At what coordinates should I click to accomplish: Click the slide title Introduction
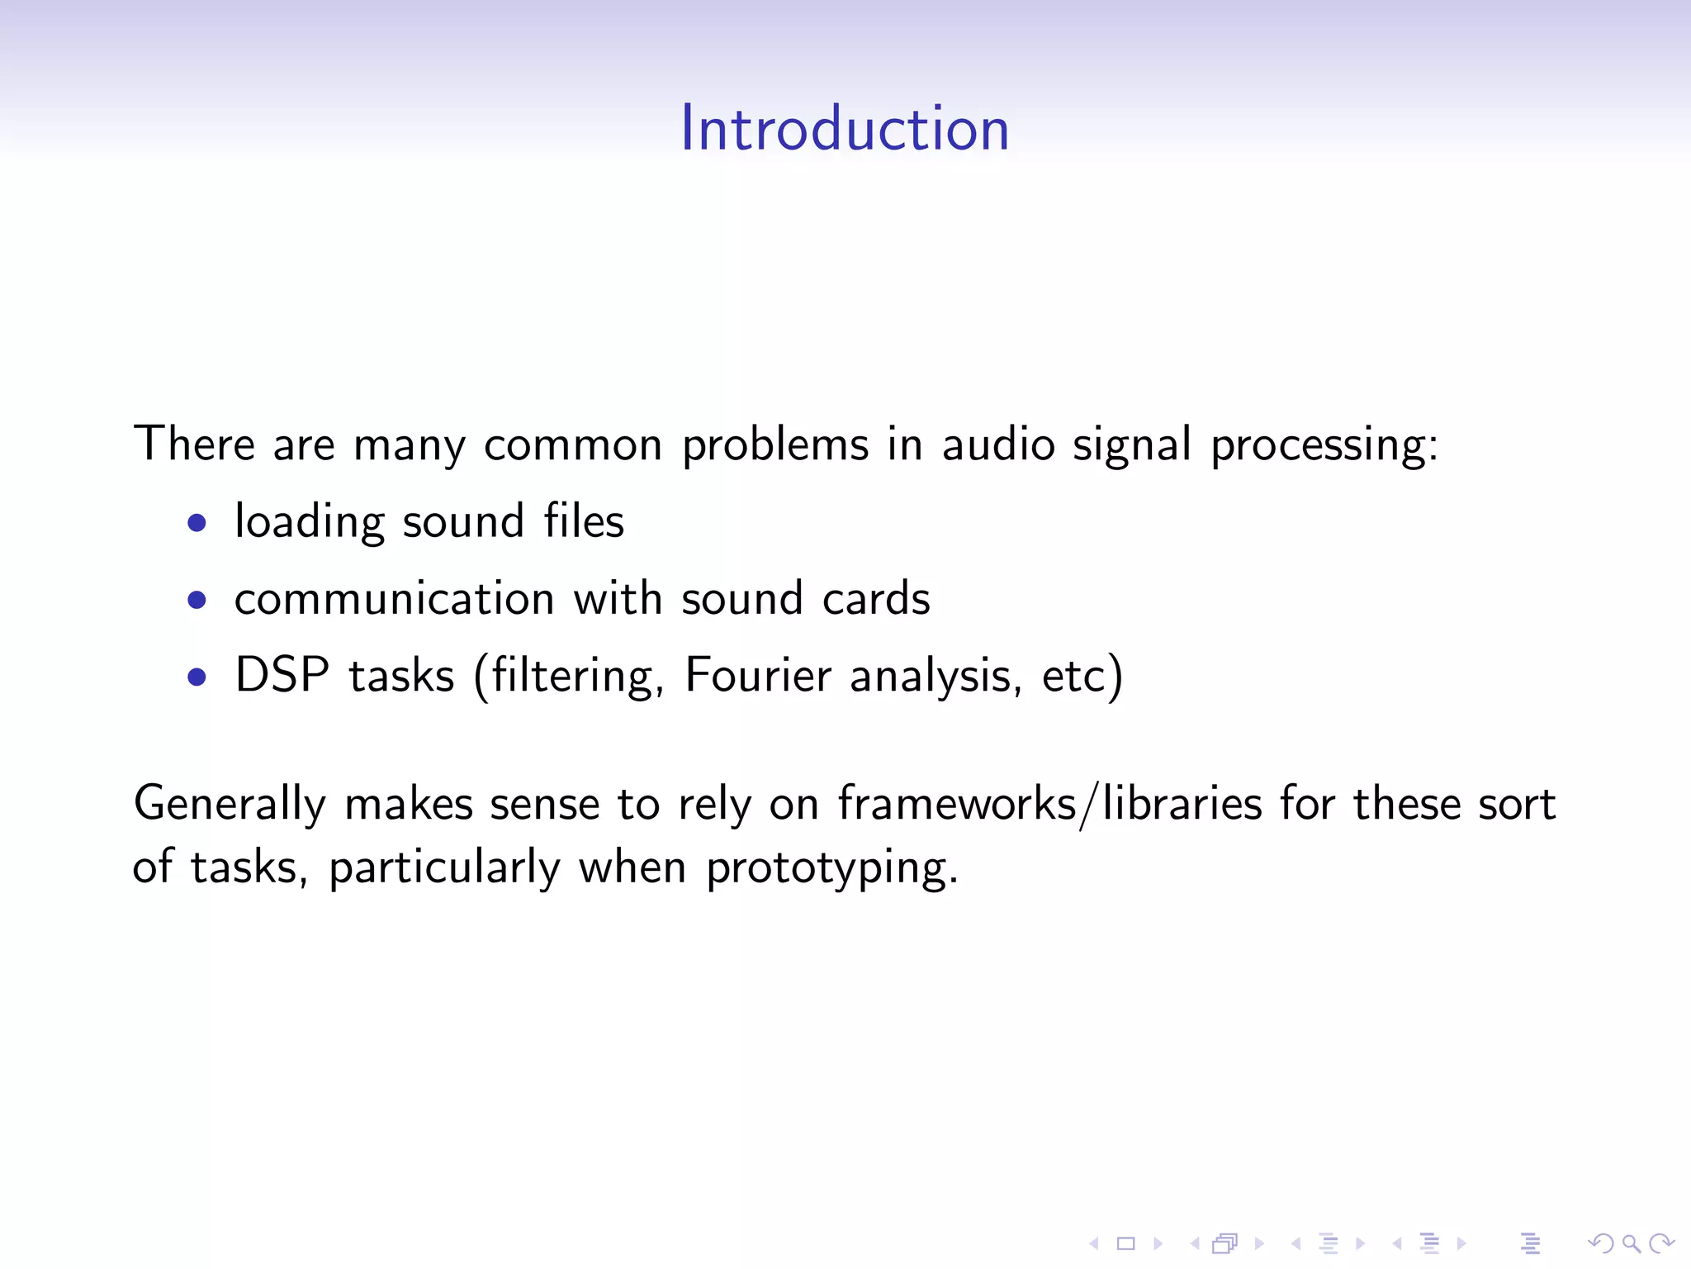pyautogui.click(x=845, y=129)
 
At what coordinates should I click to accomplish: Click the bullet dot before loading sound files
pyautogui.click(x=197, y=523)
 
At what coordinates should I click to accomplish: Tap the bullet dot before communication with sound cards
pyautogui.click(x=197, y=600)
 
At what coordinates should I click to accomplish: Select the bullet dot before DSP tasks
pyautogui.click(x=197, y=677)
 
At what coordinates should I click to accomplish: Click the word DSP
pyautogui.click(x=282, y=675)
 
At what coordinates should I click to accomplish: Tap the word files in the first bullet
pyautogui.click(x=584, y=521)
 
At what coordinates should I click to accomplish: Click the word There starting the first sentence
pyautogui.click(x=194, y=444)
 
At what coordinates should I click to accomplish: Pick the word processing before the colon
pyautogui.click(x=1319, y=446)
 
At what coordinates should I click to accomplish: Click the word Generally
pyautogui.click(x=230, y=805)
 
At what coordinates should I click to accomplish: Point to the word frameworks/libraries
pyautogui.click(x=1049, y=804)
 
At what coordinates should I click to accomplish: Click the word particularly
pyautogui.click(x=444, y=868)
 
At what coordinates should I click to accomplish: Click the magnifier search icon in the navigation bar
pyautogui.click(x=1631, y=1243)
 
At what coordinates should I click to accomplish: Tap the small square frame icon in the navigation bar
pyautogui.click(x=1125, y=1243)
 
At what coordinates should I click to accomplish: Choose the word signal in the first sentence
pyautogui.click(x=1131, y=446)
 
